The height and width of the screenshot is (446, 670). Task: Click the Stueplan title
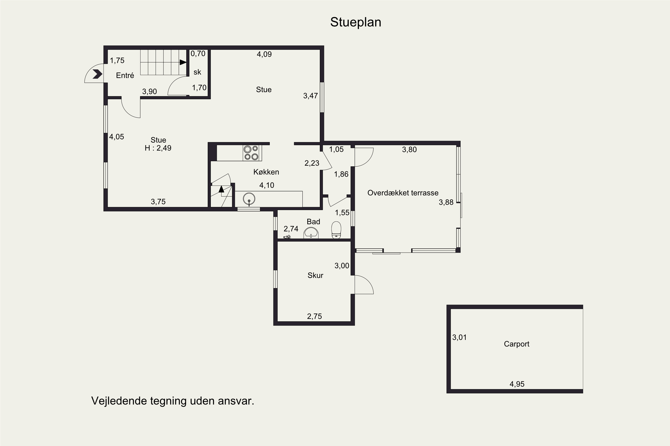coord(356,22)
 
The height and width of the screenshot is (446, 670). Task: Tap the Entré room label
coord(125,75)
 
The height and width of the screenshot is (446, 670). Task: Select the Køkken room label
coord(266,172)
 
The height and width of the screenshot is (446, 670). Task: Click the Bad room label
coord(313,222)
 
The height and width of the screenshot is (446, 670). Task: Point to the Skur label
coord(315,275)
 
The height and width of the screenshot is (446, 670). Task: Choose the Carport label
coord(516,344)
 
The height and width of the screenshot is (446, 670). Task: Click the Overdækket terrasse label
coord(403,193)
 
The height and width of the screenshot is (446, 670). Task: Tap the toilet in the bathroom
coord(336,230)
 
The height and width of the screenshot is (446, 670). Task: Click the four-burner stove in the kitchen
coord(251,153)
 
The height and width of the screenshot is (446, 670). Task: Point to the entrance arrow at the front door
coord(97,74)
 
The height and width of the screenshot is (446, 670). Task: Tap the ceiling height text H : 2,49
coord(158,148)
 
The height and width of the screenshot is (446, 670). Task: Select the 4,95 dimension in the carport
coord(517,384)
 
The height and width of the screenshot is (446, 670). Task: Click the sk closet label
coord(197,72)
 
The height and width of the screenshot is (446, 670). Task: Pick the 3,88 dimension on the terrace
coord(446,202)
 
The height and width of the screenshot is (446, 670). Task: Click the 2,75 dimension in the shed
coord(314,316)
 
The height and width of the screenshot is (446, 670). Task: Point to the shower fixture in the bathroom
coord(287,237)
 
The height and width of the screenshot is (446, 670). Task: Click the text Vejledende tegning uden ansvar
coord(172,401)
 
